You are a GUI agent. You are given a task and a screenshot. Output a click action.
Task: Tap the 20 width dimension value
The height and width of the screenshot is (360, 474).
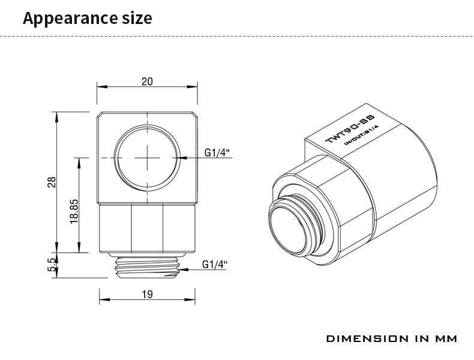click(147, 82)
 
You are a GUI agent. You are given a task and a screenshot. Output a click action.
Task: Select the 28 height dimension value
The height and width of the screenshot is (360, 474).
click(52, 182)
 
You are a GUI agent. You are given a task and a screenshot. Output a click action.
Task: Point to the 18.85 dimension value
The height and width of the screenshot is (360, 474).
click(74, 211)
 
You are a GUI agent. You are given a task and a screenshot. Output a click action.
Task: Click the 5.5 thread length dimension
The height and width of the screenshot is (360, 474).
click(52, 265)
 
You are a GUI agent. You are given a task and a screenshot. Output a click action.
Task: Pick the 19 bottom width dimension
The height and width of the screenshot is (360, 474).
click(147, 294)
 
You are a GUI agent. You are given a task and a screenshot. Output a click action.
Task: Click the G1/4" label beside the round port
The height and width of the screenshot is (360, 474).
click(217, 152)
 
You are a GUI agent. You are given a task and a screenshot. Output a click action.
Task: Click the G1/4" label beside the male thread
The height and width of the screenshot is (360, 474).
click(215, 265)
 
